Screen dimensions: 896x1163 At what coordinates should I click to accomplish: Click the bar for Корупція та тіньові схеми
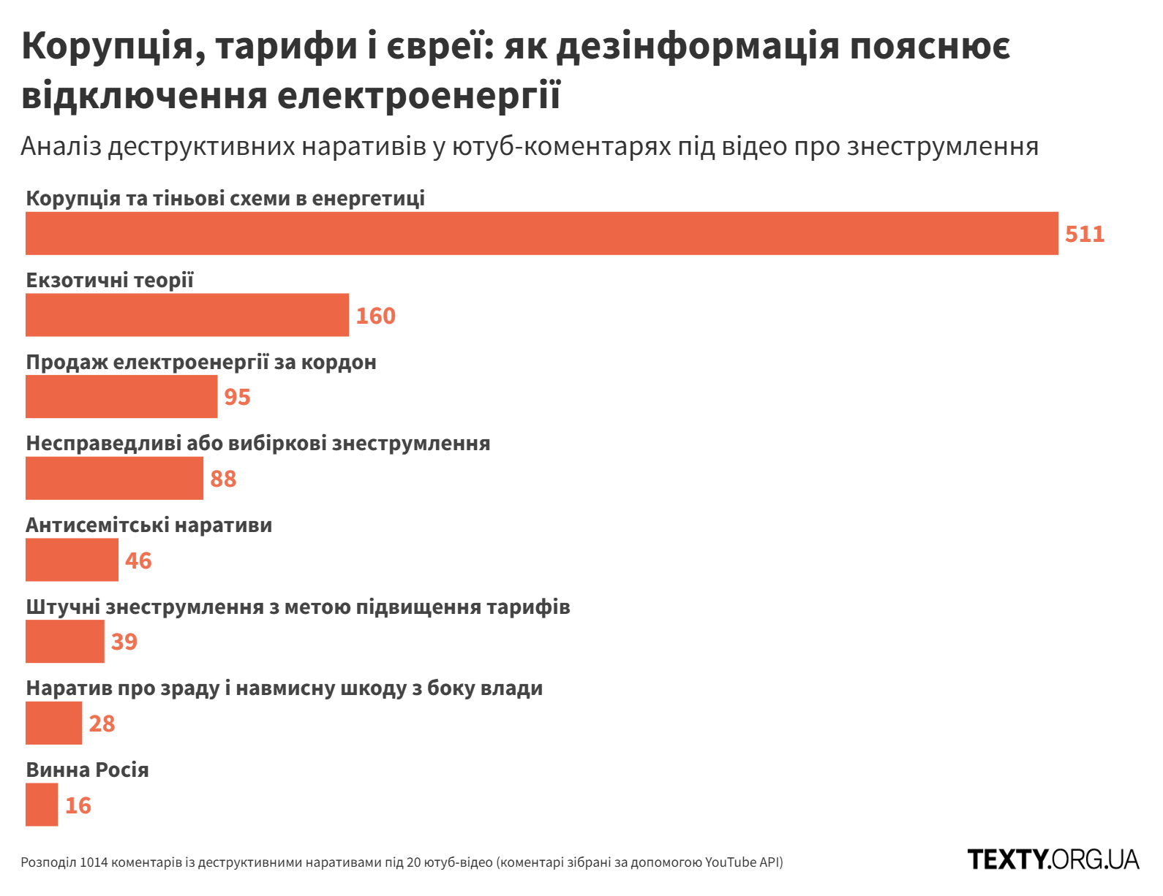(541, 233)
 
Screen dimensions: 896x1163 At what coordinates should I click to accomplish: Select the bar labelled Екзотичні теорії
(187, 315)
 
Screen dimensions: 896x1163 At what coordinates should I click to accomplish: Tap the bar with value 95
(121, 397)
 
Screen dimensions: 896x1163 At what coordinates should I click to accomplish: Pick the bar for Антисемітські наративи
(72, 560)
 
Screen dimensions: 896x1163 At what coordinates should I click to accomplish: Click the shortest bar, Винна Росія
(42, 805)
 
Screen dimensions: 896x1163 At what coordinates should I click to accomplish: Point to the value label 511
(1084, 234)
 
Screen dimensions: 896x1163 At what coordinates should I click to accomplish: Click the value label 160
(375, 316)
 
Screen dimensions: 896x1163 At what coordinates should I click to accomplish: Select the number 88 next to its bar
(223, 479)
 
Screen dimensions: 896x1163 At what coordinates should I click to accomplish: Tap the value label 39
(124, 642)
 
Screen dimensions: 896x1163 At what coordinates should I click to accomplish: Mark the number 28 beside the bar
(102, 724)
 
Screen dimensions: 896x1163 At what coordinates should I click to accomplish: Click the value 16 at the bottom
(78, 805)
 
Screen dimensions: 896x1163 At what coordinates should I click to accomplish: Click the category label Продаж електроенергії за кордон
(201, 362)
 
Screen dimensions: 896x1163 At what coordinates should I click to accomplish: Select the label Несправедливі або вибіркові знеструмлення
(257, 443)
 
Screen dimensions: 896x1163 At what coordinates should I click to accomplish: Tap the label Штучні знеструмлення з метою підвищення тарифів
(298, 607)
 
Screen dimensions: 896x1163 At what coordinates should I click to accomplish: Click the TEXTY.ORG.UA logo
(1053, 859)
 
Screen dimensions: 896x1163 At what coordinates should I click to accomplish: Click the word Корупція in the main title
(108, 47)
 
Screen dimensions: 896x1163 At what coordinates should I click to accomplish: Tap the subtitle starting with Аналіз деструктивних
(529, 146)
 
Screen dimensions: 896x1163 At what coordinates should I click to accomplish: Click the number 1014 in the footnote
(94, 862)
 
